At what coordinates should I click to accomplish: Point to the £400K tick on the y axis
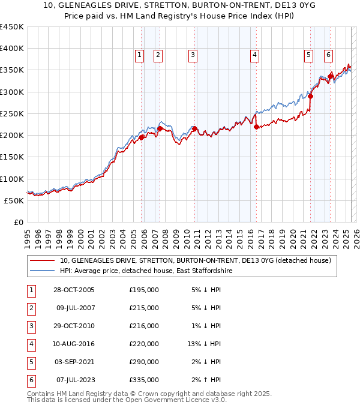point(12,49)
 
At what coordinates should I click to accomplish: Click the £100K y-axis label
point(12,179)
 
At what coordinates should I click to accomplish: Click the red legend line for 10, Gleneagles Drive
point(42,260)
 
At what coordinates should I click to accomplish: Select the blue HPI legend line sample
point(42,271)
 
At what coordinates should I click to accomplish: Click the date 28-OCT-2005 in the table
point(74,290)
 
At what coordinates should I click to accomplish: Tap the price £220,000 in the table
point(144,344)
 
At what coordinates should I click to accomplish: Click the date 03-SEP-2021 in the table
point(74,362)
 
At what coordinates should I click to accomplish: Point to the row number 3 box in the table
point(30,326)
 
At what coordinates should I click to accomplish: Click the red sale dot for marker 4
point(256,127)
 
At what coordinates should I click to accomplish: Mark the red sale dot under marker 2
point(160,128)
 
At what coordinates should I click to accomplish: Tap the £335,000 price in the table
point(144,380)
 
